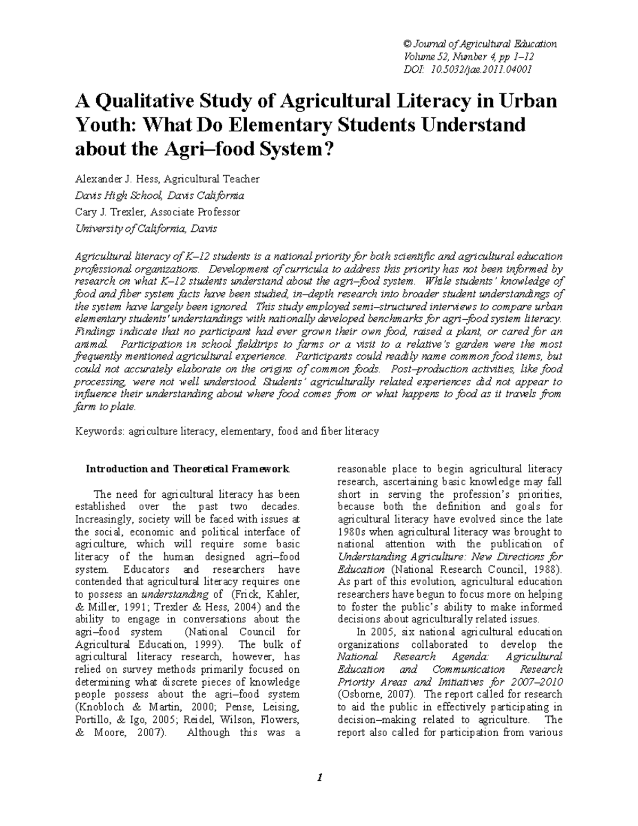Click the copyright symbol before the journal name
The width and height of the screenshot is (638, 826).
(408, 44)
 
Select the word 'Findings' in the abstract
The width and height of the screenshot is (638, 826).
(92, 331)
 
